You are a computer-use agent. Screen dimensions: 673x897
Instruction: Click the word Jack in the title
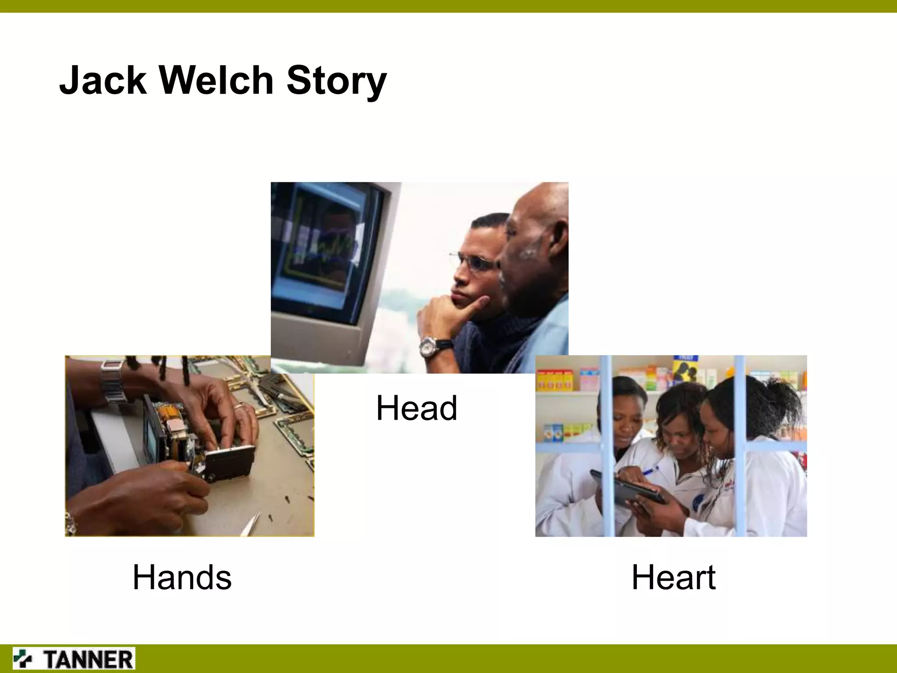[103, 81]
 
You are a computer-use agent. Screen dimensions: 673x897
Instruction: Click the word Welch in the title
[216, 81]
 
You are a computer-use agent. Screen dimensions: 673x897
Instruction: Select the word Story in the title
[336, 81]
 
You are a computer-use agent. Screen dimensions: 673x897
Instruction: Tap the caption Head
[417, 408]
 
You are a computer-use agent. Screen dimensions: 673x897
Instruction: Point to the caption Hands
[182, 577]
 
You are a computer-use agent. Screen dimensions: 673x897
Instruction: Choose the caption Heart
[674, 577]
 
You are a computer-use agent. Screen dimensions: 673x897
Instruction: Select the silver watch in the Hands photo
[113, 381]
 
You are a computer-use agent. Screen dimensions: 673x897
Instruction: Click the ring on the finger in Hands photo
[239, 407]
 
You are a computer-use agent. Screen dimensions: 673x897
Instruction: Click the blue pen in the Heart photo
[649, 471]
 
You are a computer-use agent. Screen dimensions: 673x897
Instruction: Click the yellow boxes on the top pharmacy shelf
[554, 379]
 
